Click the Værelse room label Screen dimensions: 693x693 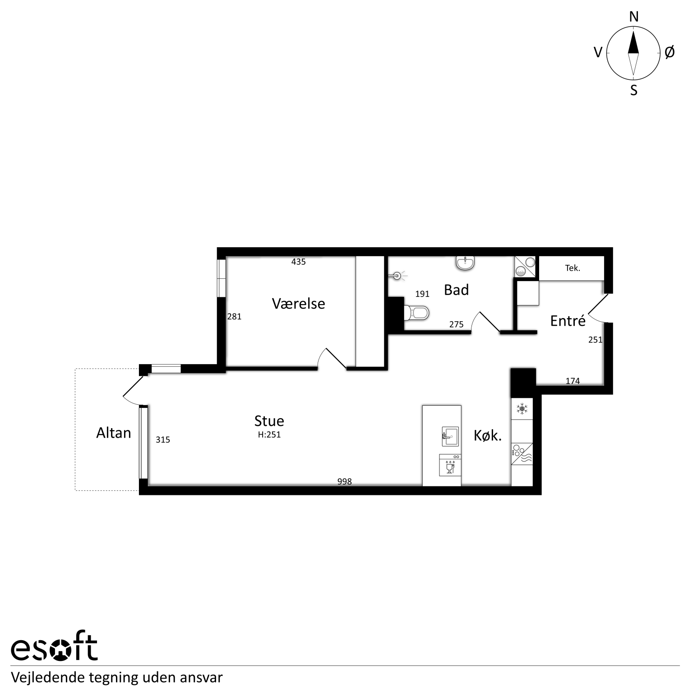[x=298, y=303]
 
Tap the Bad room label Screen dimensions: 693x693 [x=456, y=290]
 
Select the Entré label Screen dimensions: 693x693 [x=568, y=320]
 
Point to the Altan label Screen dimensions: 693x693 [x=114, y=433]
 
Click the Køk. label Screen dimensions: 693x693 [x=488, y=435]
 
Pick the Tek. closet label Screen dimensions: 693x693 [x=573, y=268]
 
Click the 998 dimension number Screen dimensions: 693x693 [x=344, y=481]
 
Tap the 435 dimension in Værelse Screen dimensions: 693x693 [x=299, y=262]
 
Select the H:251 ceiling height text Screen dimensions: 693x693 [x=269, y=435]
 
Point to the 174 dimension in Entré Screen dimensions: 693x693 [x=573, y=381]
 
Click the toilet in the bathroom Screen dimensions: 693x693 [x=416, y=313]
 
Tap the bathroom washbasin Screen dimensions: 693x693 [x=465, y=263]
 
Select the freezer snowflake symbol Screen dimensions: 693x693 [x=522, y=409]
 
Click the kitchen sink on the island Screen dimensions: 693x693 [x=450, y=436]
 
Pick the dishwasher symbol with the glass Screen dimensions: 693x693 [x=450, y=465]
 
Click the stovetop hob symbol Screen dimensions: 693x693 [x=522, y=454]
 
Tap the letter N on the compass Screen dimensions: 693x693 [x=634, y=17]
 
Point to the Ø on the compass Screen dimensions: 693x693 [x=670, y=52]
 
